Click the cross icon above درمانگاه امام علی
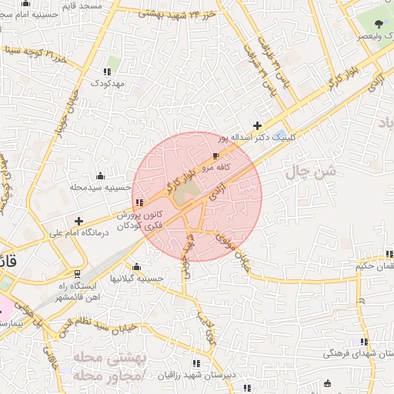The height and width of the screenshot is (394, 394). pos(78,221)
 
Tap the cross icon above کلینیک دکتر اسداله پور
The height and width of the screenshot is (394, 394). pos(258,125)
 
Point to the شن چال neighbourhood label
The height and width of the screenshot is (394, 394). pos(311,172)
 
